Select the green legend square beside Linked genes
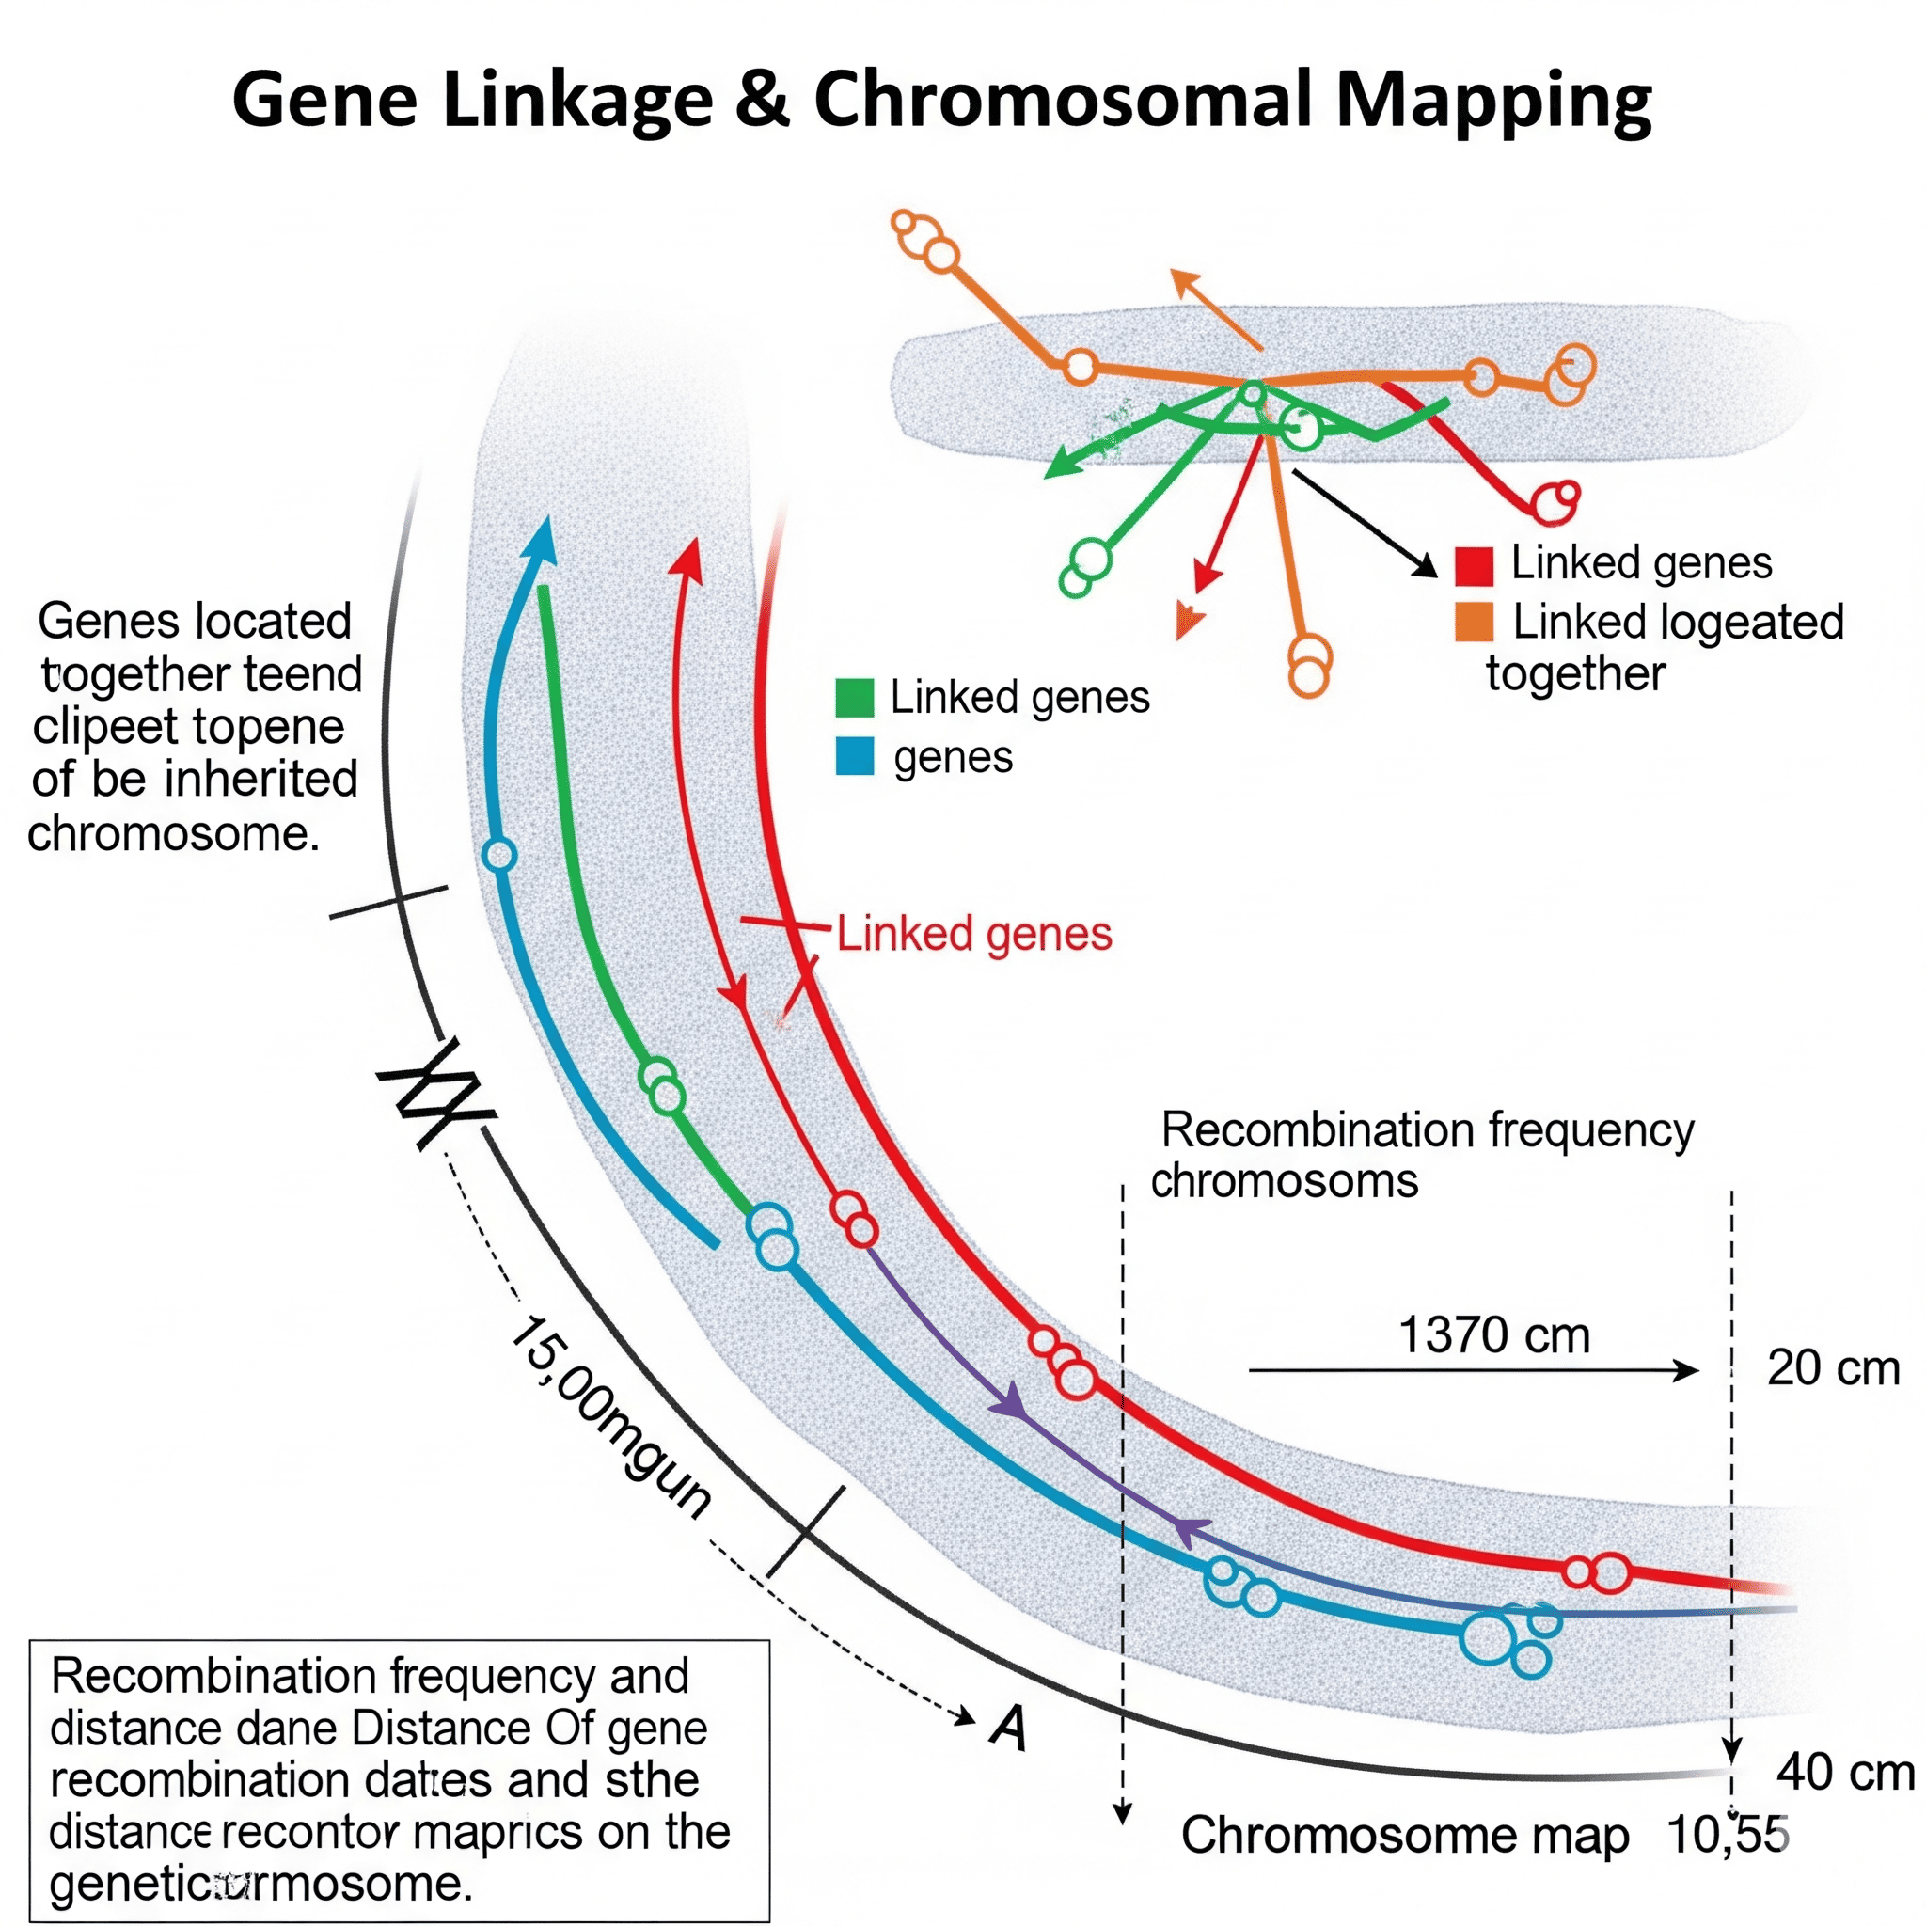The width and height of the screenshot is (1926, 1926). (854, 698)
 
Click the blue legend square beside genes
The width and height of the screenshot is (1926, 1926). (854, 757)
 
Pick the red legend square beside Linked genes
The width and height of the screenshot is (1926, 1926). (1474, 565)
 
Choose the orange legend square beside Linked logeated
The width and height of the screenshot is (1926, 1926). (1474, 622)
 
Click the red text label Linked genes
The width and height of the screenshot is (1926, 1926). (974, 934)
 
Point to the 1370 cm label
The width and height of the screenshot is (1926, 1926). (1493, 1334)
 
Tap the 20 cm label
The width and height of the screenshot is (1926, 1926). (1832, 1367)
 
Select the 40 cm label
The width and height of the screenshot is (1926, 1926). (1845, 1773)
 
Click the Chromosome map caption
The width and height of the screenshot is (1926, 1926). (1405, 1836)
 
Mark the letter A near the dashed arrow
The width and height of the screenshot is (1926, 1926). (1010, 1729)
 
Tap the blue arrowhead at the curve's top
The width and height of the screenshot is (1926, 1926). (542, 539)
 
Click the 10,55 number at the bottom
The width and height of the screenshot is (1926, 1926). (1728, 1836)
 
